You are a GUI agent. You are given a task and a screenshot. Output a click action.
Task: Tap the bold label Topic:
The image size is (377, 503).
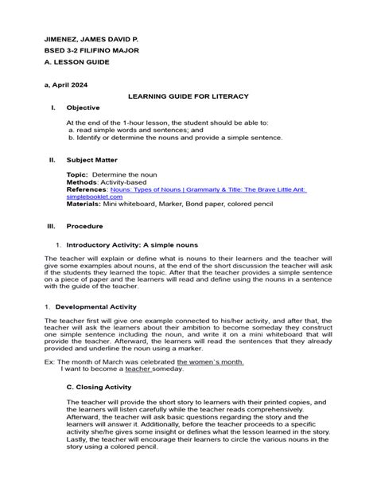pos(77,174)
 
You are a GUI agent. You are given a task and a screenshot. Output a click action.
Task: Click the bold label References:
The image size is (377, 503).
pos(87,189)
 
